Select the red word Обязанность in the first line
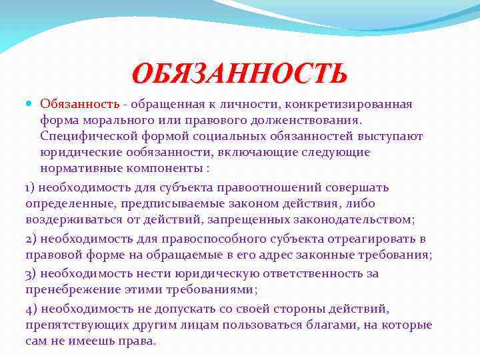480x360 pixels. point(79,105)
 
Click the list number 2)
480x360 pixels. point(33,238)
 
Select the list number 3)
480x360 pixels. point(33,273)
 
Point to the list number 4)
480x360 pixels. point(33,309)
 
